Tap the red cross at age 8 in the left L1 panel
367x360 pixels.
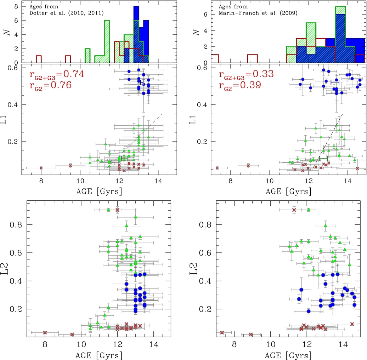(41, 168)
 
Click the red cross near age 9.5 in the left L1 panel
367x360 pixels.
(70, 166)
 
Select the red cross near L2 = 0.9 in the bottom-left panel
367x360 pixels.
(118, 210)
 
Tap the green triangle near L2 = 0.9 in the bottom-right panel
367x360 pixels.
(309, 210)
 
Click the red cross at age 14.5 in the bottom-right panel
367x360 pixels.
(352, 324)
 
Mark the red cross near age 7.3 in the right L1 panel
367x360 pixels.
(217, 168)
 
